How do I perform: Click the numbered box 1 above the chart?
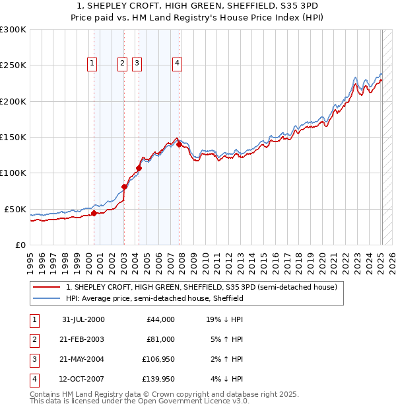point(91,63)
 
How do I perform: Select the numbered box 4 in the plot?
point(178,63)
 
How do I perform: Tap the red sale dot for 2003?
point(125,186)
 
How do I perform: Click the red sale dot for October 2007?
point(179,145)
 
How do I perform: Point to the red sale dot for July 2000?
point(94,213)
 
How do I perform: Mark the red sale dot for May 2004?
point(139,168)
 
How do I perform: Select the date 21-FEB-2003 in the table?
point(83,339)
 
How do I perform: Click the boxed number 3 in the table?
point(33,360)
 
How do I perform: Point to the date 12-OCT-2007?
point(83,380)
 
